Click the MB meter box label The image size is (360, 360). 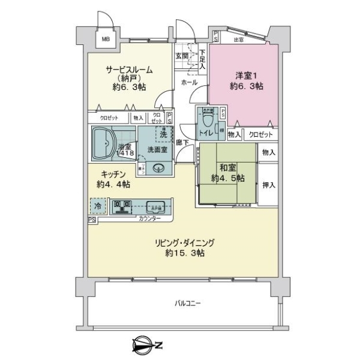pos(106,40)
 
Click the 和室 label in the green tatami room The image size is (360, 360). pos(227,169)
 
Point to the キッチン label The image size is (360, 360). pos(112,175)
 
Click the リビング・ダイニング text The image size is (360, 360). pos(185,243)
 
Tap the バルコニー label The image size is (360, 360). pos(188,303)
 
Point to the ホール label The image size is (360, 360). pos(190,83)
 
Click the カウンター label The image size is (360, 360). pos(149,220)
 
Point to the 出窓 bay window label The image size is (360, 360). pos(238,40)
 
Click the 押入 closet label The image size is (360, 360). pos(268,185)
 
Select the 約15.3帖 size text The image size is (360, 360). pos(185,254)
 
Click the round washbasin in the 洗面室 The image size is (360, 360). pos(159,169)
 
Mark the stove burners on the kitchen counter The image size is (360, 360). pos(122,206)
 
